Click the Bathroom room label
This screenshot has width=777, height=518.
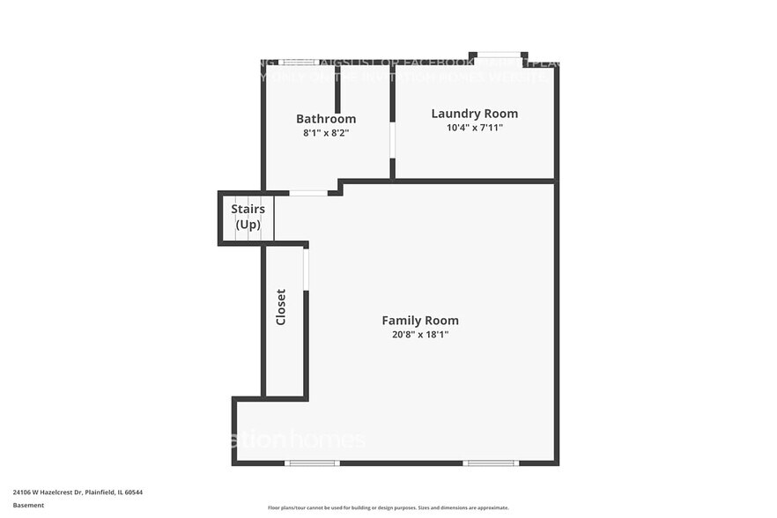(x=326, y=119)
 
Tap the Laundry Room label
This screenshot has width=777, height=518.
(x=474, y=114)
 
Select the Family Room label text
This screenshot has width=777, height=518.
(x=419, y=321)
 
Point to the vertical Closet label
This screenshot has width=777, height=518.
(x=281, y=307)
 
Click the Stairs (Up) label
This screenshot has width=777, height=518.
(x=248, y=217)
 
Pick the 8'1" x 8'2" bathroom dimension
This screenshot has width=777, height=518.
(x=326, y=134)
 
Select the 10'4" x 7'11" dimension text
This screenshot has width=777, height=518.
(x=474, y=128)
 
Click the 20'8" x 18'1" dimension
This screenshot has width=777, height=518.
(x=419, y=335)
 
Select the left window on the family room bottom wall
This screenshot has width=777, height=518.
(x=312, y=462)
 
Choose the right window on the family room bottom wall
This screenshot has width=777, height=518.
(x=491, y=462)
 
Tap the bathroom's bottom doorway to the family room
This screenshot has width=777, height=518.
(x=308, y=193)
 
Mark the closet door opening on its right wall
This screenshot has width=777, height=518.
(x=306, y=269)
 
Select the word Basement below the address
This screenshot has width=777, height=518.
(x=28, y=506)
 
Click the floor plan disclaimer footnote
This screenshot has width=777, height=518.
(x=388, y=507)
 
